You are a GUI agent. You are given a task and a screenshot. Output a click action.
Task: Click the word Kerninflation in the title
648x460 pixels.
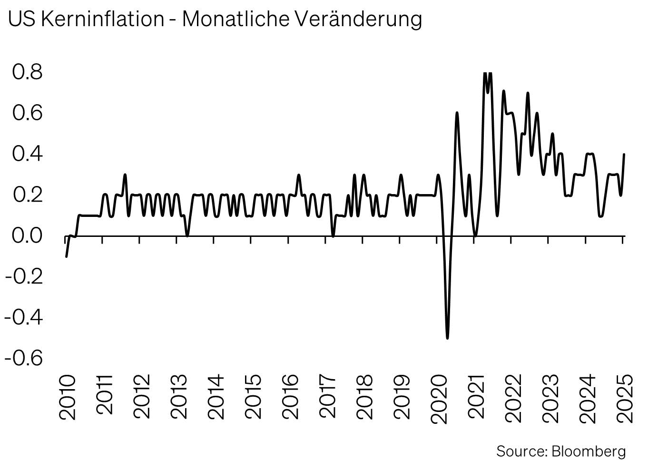click(102, 19)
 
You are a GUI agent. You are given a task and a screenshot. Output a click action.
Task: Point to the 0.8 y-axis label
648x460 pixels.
click(28, 72)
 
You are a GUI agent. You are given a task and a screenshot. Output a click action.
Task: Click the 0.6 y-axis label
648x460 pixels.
click(28, 113)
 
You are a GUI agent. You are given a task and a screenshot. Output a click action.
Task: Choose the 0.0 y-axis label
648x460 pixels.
click(28, 235)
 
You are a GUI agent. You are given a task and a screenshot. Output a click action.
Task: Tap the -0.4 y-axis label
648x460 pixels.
click(24, 316)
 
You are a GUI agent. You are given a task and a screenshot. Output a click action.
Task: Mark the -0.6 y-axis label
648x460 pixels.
click(24, 357)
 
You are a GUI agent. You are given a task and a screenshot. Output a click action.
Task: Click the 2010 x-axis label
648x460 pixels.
click(67, 397)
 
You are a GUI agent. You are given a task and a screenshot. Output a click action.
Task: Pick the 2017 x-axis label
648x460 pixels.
click(327, 397)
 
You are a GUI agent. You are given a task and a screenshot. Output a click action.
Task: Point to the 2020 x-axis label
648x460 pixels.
click(439, 397)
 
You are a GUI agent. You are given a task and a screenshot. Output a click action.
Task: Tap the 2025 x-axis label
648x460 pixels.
click(625, 397)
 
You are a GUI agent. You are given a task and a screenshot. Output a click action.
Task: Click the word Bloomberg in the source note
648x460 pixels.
click(589, 450)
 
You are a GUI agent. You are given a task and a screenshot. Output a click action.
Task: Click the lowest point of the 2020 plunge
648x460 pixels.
click(447, 338)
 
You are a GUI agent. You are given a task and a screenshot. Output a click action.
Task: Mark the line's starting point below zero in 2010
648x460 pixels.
click(66, 256)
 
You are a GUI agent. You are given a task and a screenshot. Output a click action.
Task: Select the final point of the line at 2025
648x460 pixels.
click(624, 154)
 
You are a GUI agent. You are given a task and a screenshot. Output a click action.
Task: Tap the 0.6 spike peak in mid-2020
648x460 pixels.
click(457, 113)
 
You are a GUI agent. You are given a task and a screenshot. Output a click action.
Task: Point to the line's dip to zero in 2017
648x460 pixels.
click(333, 236)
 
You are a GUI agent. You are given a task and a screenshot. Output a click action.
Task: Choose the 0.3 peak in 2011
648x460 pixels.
click(125, 175)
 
